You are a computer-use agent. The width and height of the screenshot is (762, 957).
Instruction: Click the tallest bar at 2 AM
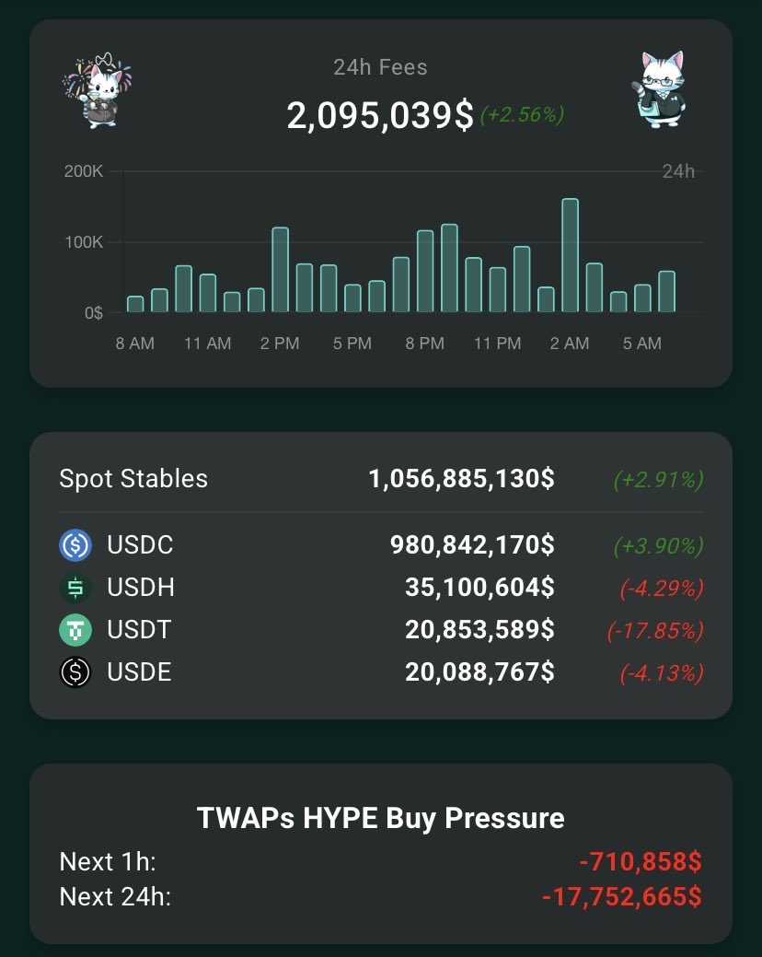click(x=570, y=256)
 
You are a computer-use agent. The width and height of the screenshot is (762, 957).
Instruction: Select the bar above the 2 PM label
click(x=280, y=271)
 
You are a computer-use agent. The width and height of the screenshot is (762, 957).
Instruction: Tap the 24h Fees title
click(x=380, y=67)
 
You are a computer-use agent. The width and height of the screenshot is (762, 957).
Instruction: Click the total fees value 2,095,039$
click(x=380, y=116)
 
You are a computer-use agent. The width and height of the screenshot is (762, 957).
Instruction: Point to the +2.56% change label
click(x=521, y=115)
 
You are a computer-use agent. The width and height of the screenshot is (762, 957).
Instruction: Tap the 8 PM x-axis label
click(x=424, y=344)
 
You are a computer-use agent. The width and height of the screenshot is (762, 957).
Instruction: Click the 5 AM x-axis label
click(x=641, y=344)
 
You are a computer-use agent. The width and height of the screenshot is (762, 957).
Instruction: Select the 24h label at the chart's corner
click(x=678, y=171)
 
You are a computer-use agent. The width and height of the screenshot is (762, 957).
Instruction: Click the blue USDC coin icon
click(x=75, y=545)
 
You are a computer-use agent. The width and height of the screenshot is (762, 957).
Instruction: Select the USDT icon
click(x=75, y=630)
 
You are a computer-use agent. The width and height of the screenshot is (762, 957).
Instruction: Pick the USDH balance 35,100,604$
click(x=479, y=588)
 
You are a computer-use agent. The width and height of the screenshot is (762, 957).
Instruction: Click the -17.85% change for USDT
click(x=654, y=631)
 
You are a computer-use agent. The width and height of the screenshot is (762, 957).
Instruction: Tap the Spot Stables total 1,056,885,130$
click(x=461, y=479)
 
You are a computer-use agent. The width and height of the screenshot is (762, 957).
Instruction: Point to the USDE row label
click(x=139, y=672)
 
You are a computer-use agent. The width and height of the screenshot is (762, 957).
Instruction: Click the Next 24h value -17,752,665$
click(x=622, y=896)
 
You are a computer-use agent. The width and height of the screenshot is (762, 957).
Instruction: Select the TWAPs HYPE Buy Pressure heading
click(x=380, y=818)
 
